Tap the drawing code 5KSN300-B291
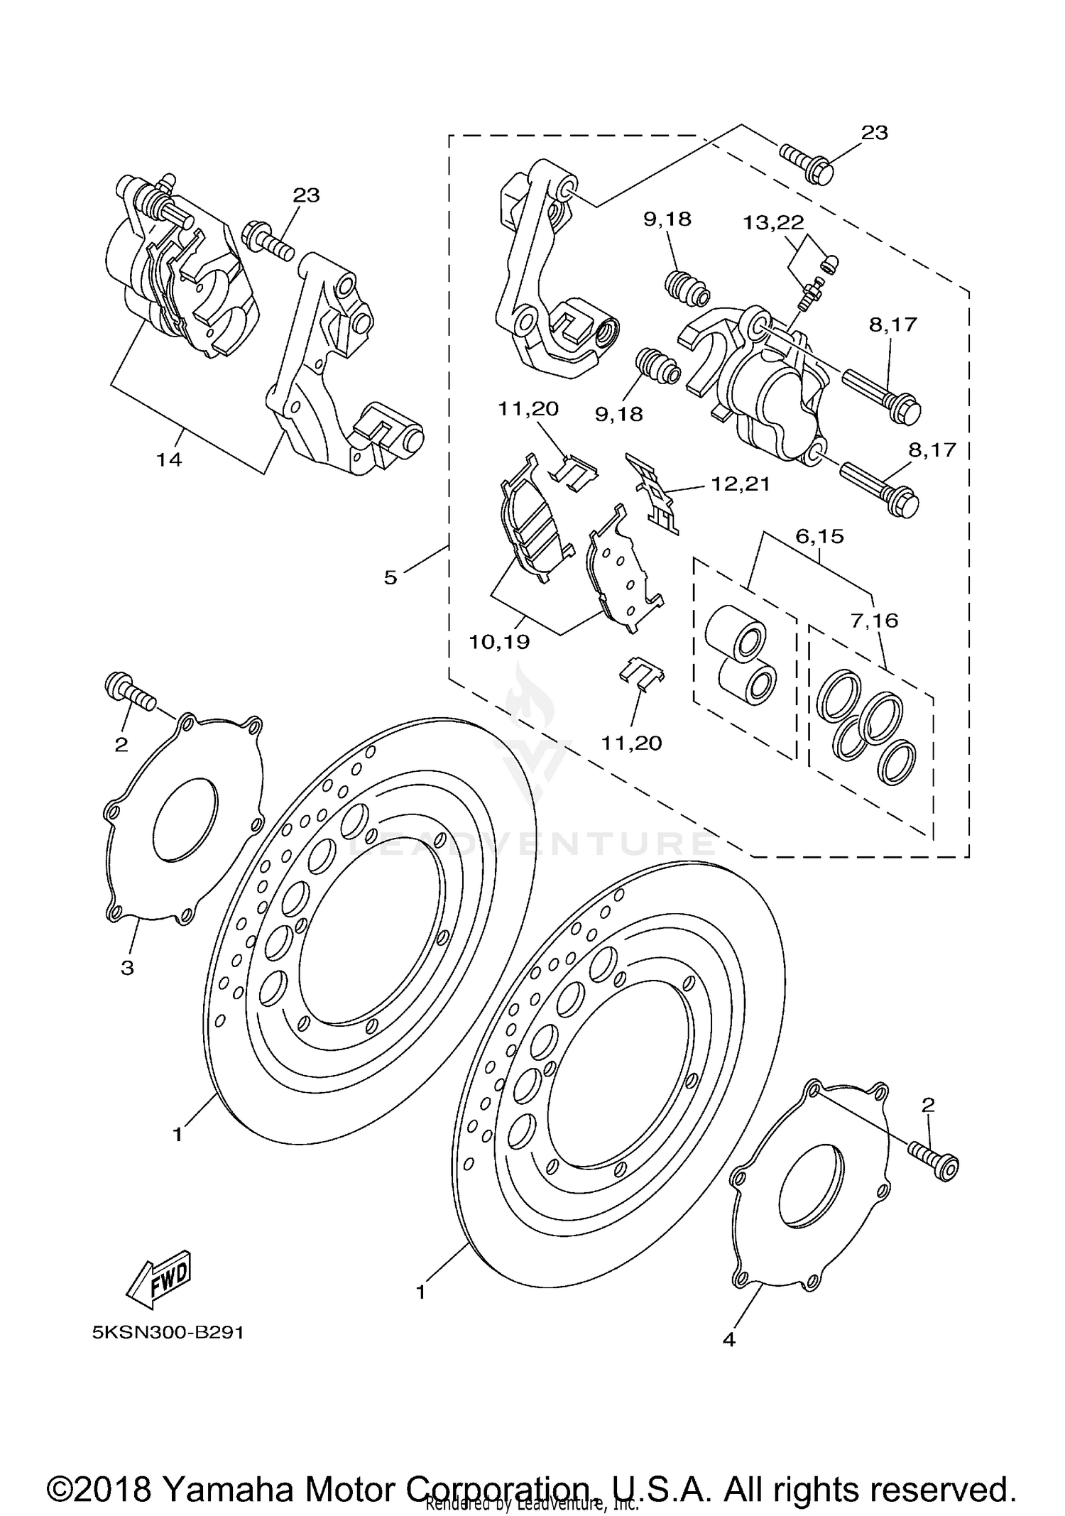tap(168, 1333)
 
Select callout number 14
tap(169, 460)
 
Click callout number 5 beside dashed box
tap(390, 577)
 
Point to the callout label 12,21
tap(741, 485)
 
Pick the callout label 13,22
tap(773, 224)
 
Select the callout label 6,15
tap(819, 537)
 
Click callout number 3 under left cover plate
tap(127, 968)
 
